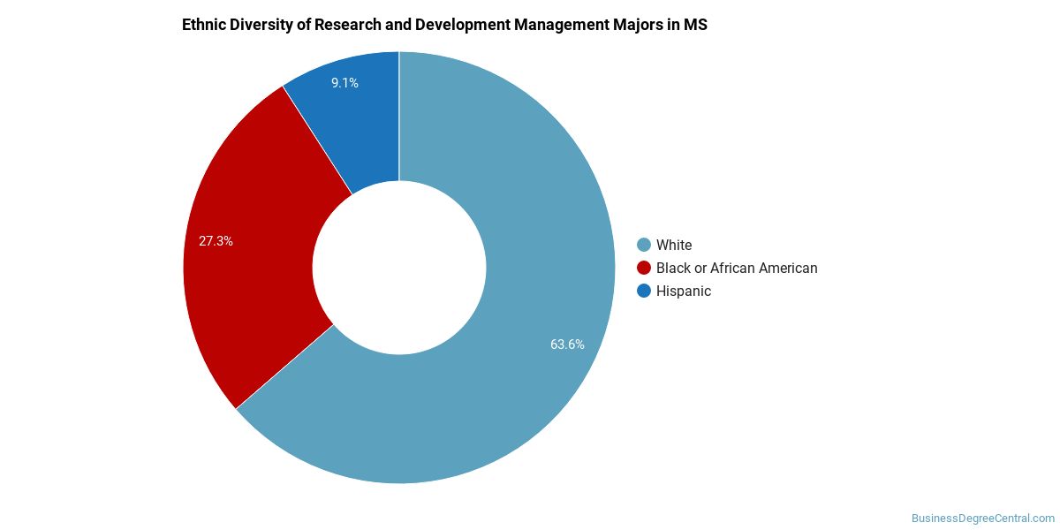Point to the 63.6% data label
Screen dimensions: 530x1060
(567, 344)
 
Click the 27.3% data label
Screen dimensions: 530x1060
(216, 240)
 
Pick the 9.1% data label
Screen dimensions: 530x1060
(344, 83)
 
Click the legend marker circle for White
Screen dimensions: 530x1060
(644, 245)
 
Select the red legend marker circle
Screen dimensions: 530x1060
(644, 268)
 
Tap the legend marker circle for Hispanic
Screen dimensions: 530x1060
(644, 291)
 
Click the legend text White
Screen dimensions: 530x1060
(674, 245)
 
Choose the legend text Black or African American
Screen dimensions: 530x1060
(737, 268)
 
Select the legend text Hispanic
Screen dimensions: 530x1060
(684, 291)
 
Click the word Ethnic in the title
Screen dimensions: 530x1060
(203, 25)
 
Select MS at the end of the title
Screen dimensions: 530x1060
(695, 25)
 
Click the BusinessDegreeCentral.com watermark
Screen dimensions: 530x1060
(982, 519)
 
